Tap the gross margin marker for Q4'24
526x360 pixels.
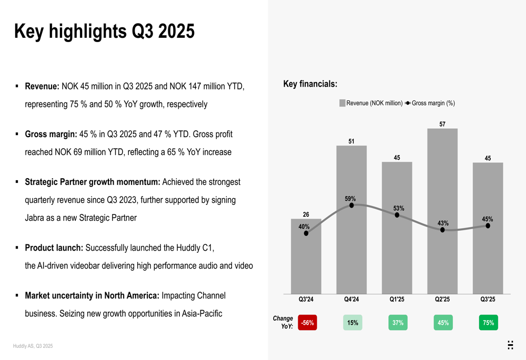351,205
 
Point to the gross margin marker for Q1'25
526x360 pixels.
397,215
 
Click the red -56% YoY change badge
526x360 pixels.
307,323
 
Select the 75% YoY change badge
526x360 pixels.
488,323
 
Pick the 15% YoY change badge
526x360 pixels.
352,323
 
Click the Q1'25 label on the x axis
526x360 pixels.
397,300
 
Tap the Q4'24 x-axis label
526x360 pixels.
351,300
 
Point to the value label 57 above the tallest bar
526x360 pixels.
442,124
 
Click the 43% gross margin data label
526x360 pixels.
443,223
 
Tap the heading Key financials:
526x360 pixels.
310,84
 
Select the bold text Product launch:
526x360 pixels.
54,248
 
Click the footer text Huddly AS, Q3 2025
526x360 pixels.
33,346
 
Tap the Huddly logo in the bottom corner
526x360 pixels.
510,345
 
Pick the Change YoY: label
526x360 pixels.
283,322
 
